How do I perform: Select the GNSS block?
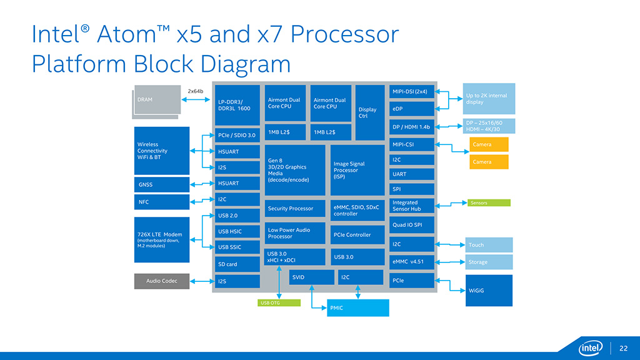point(162,184)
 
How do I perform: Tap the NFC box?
point(162,202)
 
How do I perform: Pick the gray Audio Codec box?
point(162,281)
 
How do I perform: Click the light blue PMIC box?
point(358,307)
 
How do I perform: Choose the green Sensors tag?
point(489,202)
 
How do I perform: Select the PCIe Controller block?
point(357,235)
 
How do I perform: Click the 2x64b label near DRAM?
point(196,91)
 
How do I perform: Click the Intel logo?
point(589,347)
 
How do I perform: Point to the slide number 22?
point(623,348)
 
